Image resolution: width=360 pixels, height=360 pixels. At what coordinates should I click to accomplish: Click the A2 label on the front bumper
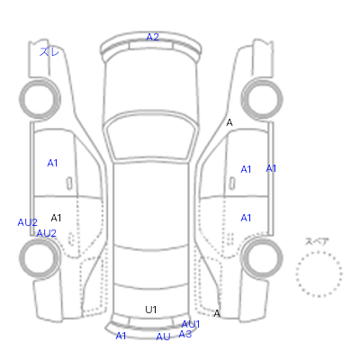tap(152, 37)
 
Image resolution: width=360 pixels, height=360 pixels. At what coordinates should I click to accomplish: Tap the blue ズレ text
tap(49, 52)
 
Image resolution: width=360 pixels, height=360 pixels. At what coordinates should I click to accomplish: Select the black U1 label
tap(151, 310)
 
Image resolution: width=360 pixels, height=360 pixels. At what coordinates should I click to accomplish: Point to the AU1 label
tap(191, 324)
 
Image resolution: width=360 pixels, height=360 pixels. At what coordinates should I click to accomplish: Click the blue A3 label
tap(184, 334)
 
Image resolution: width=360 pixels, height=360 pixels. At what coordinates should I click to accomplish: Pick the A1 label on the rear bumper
tap(121, 336)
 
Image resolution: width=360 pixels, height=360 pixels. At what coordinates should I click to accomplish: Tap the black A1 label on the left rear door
tap(56, 218)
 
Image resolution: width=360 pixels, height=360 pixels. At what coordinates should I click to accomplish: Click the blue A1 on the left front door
tap(52, 163)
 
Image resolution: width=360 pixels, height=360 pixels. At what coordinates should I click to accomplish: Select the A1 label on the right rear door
tap(246, 218)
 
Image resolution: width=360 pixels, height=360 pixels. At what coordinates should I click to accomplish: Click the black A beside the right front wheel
tap(229, 122)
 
